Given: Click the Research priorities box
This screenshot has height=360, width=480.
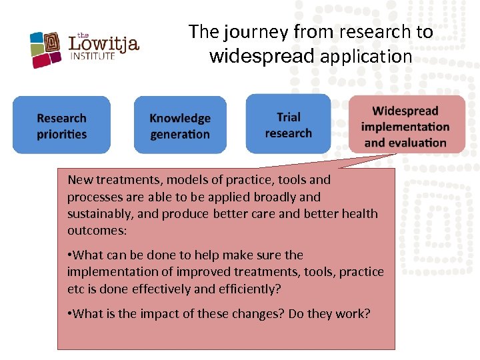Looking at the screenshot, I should point(61,125).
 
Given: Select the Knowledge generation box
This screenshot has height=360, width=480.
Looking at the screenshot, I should point(180,125).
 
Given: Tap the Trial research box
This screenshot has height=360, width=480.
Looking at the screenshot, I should point(288,125).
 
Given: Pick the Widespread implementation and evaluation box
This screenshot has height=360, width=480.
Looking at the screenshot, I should point(405,125).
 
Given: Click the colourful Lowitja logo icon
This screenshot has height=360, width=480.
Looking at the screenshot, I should point(47,50).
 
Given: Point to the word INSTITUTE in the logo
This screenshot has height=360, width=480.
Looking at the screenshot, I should point(93,57).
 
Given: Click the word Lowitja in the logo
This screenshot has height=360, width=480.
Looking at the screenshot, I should point(104,44).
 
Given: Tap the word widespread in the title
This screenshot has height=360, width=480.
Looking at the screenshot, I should point(261,57).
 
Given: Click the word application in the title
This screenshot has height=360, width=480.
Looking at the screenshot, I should point(366,57).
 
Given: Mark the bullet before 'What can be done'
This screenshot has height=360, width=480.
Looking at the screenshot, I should point(69,255).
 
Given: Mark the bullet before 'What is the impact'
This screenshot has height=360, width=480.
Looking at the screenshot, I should point(69,313).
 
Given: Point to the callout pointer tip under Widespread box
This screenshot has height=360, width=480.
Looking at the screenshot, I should point(396,155).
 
